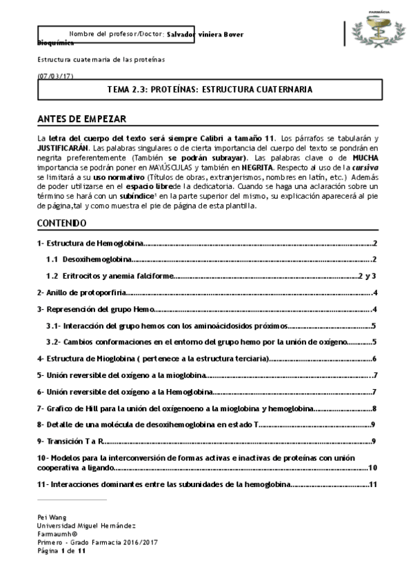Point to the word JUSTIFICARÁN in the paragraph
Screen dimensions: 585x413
[60, 148]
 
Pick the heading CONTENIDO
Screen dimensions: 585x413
[61, 223]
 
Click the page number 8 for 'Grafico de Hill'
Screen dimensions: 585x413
[373, 408]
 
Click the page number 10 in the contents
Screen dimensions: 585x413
[372, 468]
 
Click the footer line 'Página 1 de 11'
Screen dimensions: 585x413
[61, 551]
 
